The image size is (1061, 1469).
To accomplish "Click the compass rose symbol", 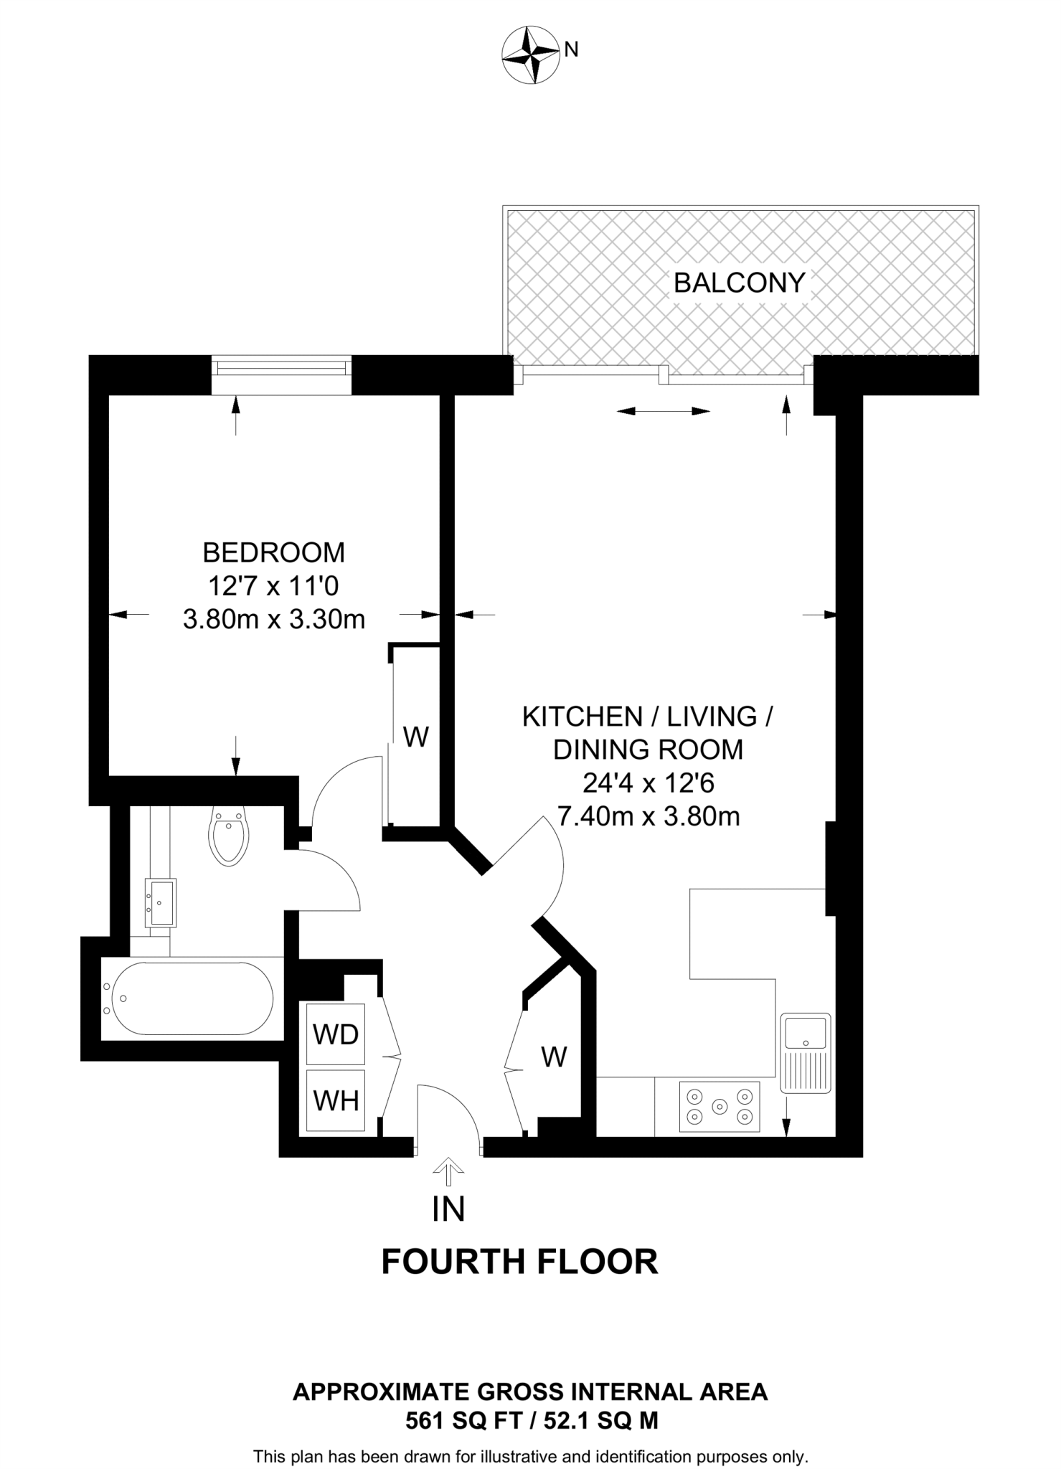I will pyautogui.click(x=531, y=55).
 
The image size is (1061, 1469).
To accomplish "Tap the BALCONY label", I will pyautogui.click(x=739, y=283).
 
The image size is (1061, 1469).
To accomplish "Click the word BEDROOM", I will pyautogui.click(x=273, y=552).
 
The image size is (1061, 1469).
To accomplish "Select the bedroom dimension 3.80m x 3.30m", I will pyautogui.click(x=273, y=618).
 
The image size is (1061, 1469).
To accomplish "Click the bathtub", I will pyautogui.click(x=188, y=998).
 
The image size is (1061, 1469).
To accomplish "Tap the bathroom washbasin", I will pyautogui.click(x=161, y=902).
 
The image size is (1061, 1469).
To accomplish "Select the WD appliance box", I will pyautogui.click(x=335, y=1034).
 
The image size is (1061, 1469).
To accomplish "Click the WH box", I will pyautogui.click(x=335, y=1100).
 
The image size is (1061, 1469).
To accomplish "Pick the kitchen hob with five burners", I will pyautogui.click(x=720, y=1107).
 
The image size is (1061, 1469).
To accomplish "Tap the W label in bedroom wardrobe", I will pyautogui.click(x=416, y=737).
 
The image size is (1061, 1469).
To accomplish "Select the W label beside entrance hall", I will pyautogui.click(x=554, y=1057).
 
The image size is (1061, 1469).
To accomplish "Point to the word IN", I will pyautogui.click(x=448, y=1209).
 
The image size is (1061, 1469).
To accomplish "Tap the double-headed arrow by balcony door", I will pyautogui.click(x=664, y=411).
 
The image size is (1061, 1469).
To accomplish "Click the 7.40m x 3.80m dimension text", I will pyautogui.click(x=648, y=816).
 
